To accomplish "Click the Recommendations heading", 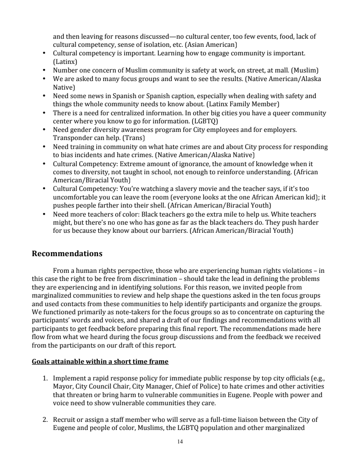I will pyautogui.click(x=67, y=253).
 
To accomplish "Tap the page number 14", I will pyautogui.click(x=180, y=442).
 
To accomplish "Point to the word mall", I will pyautogui.click(x=280, y=70).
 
